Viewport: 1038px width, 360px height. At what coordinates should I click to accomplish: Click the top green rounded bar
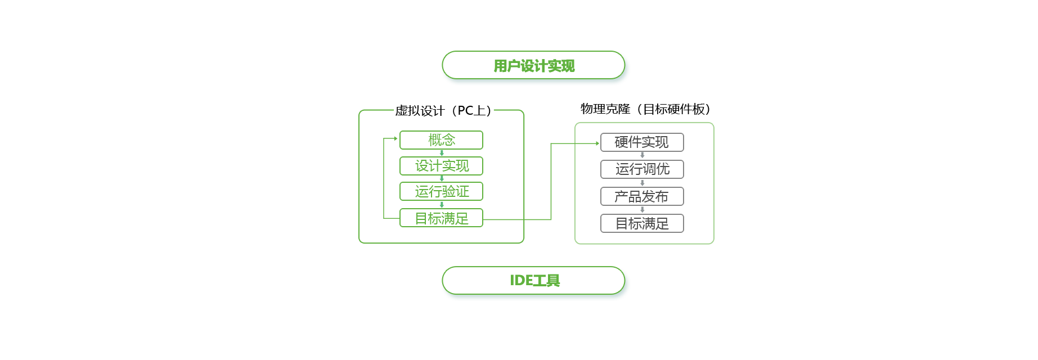coord(526,65)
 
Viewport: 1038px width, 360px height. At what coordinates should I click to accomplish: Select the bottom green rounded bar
coord(526,280)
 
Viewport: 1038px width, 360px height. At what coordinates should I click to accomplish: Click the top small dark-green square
coord(442,153)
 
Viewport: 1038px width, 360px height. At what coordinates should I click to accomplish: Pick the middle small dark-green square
coord(442,179)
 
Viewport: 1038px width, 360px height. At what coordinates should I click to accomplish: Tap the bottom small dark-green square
coord(442,205)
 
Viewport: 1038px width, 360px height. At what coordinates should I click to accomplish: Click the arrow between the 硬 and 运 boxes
coord(642,155)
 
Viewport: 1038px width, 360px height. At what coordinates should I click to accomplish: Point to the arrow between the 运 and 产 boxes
coord(642,183)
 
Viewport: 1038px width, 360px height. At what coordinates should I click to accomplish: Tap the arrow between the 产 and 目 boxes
coord(642,210)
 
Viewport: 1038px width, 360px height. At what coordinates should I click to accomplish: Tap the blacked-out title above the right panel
coord(641,109)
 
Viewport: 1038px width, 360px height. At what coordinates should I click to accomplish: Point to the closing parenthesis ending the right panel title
coord(707,109)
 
